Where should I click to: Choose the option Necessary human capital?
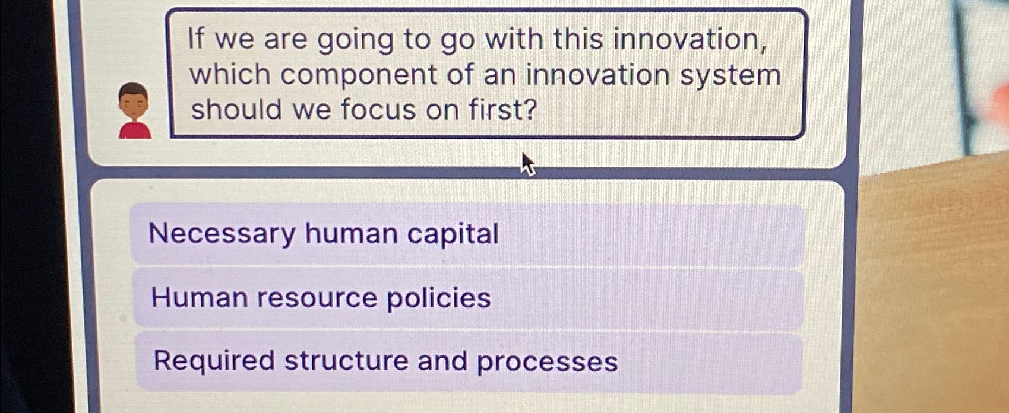coord(467,234)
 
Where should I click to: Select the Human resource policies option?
coord(467,298)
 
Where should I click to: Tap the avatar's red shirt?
coord(135,130)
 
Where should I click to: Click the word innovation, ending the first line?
coord(689,40)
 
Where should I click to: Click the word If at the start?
coord(196,40)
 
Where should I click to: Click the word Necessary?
coord(222,234)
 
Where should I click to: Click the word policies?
coord(439,298)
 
